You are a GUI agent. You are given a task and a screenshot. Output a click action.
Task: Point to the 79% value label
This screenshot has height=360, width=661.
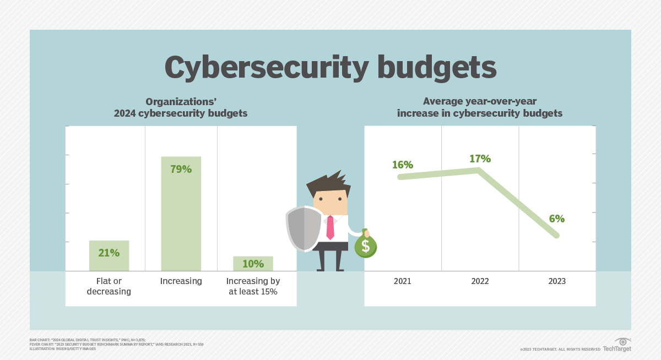click(x=181, y=170)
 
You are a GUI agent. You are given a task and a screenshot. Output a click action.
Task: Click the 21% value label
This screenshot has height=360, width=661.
click(x=109, y=253)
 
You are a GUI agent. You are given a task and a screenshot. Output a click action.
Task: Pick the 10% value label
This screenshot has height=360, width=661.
click(x=253, y=264)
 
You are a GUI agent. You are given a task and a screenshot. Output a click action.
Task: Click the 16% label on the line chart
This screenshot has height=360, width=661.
click(x=403, y=165)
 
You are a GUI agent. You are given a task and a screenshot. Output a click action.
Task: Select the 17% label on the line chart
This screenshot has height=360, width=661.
click(x=480, y=159)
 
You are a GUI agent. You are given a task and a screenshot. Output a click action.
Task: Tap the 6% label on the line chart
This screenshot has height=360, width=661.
click(x=557, y=219)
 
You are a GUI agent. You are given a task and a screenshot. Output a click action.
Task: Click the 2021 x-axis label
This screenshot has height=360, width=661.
click(x=403, y=281)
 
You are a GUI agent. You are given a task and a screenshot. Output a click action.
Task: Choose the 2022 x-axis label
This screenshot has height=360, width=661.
click(x=480, y=281)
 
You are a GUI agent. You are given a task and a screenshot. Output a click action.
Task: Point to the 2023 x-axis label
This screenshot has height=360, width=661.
click(x=557, y=281)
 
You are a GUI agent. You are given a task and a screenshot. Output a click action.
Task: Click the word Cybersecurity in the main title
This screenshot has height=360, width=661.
click(x=266, y=68)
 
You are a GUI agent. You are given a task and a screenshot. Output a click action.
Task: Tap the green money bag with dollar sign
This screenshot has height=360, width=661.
click(x=365, y=244)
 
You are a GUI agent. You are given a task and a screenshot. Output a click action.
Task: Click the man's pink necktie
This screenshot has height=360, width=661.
click(x=330, y=227)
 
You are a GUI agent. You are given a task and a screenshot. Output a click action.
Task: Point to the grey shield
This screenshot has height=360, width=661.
click(x=304, y=228)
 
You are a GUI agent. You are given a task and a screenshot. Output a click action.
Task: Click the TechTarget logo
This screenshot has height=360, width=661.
click(x=617, y=345)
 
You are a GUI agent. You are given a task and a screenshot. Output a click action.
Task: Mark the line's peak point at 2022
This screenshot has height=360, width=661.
click(x=478, y=171)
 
